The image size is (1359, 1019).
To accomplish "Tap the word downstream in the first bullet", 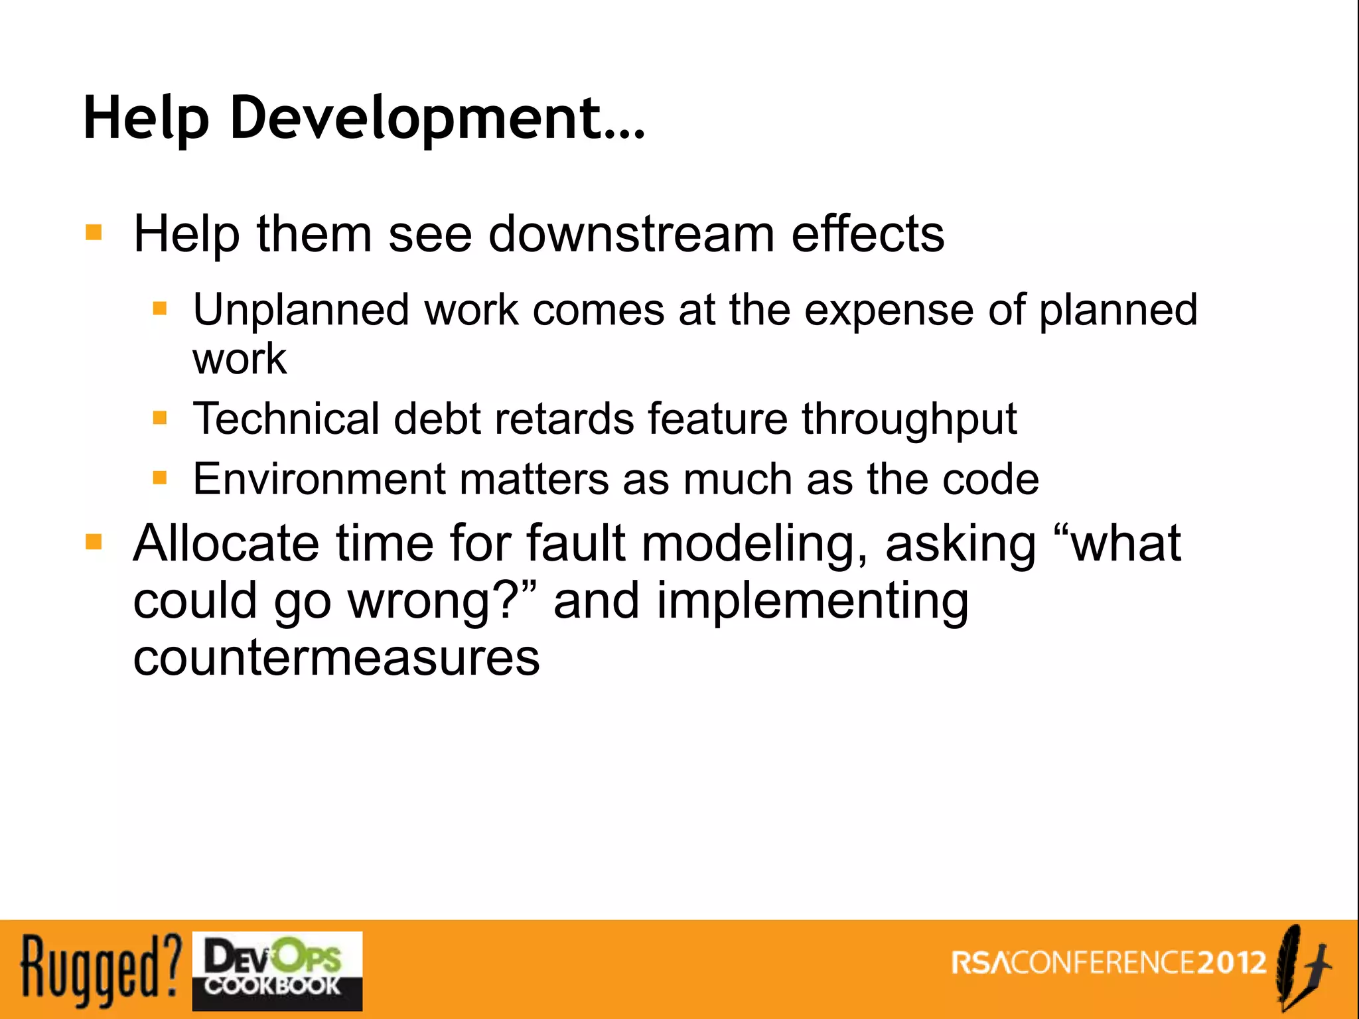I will [x=631, y=234].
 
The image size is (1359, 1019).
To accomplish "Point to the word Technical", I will [x=285, y=419].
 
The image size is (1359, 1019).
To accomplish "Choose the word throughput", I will [x=909, y=420].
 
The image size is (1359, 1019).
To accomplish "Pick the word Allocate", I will [x=226, y=543].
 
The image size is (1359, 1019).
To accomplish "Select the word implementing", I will [x=812, y=602].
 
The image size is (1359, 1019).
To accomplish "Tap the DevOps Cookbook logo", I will [x=277, y=971].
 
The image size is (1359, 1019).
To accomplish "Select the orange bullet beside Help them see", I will [x=94, y=233].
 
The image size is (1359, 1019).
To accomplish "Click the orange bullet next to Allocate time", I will [x=94, y=543].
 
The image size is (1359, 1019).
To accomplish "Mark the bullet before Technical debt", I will [x=160, y=418].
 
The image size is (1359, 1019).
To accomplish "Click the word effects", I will [x=867, y=234].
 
